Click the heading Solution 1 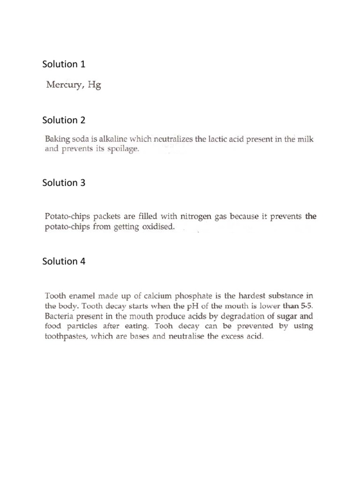click(x=64, y=64)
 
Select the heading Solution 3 click(x=64, y=183)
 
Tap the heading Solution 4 click(x=64, y=261)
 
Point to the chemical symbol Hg click(x=94, y=86)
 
